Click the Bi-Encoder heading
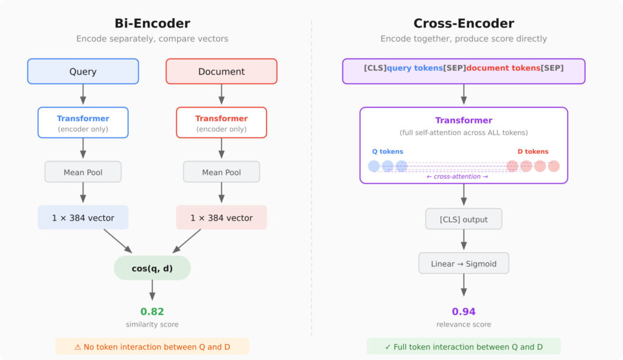(x=152, y=24)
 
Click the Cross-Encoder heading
(x=464, y=24)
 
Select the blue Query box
(x=83, y=71)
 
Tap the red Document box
(x=221, y=71)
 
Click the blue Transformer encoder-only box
(x=83, y=123)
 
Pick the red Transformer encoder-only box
(x=221, y=123)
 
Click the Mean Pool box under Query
(x=83, y=172)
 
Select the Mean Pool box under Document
(x=221, y=172)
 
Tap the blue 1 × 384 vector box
(x=83, y=218)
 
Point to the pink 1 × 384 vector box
(x=221, y=218)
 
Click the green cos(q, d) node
(x=152, y=268)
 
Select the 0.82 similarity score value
(x=152, y=311)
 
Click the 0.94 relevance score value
(x=464, y=311)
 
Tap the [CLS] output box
(x=464, y=219)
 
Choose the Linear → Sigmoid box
(x=464, y=263)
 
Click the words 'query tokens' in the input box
(x=415, y=68)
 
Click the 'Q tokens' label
(x=388, y=151)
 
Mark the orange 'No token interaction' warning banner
(x=152, y=346)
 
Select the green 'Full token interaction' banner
(x=464, y=346)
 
